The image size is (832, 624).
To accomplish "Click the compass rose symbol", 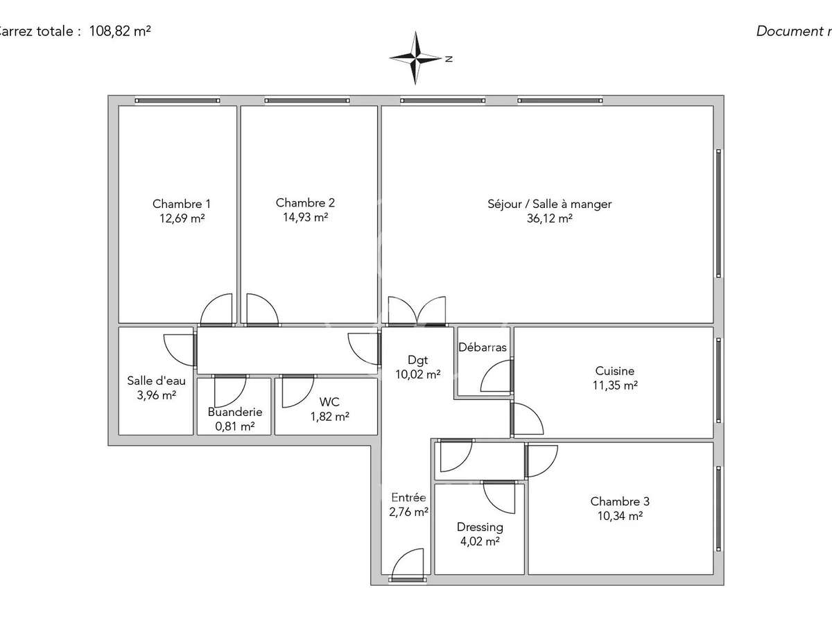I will (416, 58).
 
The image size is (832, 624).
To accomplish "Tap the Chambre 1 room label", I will (182, 204).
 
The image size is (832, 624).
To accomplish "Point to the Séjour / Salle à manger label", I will (550, 204).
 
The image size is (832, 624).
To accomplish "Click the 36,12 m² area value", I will (550, 218).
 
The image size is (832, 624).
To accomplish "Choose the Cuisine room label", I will (614, 371).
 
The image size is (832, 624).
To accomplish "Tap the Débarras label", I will (483, 347).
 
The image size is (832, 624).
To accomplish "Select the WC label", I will (329, 401).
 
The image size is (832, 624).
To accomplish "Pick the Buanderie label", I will (235, 412).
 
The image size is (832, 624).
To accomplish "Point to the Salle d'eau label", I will (156, 381).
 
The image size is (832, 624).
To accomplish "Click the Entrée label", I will (408, 497).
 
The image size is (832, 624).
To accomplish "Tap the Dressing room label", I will (480, 528).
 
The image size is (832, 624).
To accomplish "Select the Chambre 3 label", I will (620, 501).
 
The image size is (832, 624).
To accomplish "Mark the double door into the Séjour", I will (417, 311).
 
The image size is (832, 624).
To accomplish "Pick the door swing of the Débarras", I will (496, 379).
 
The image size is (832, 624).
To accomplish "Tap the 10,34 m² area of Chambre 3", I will (620, 516).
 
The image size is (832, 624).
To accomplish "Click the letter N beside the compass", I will (449, 59).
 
